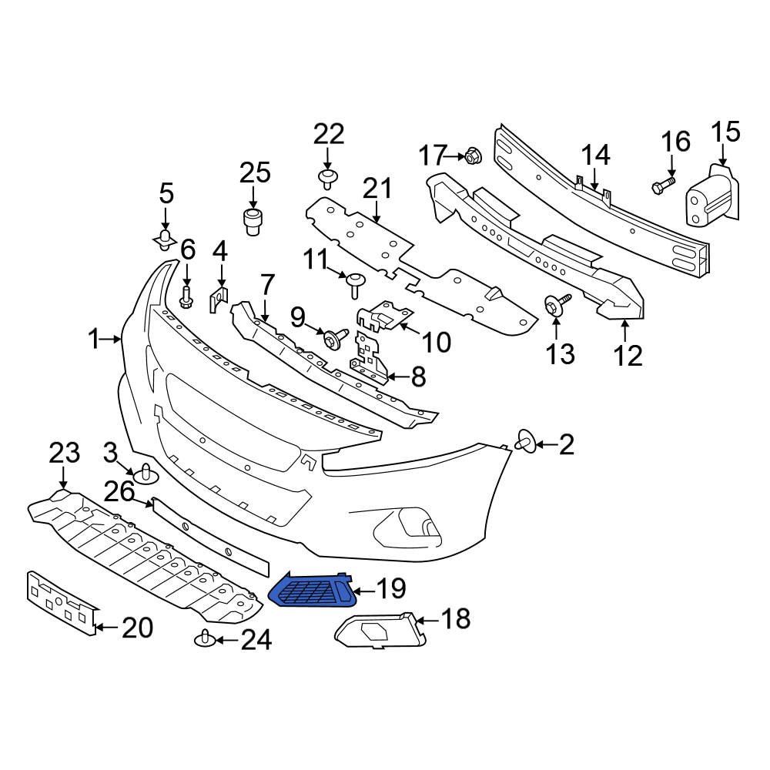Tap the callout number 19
point(390,590)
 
